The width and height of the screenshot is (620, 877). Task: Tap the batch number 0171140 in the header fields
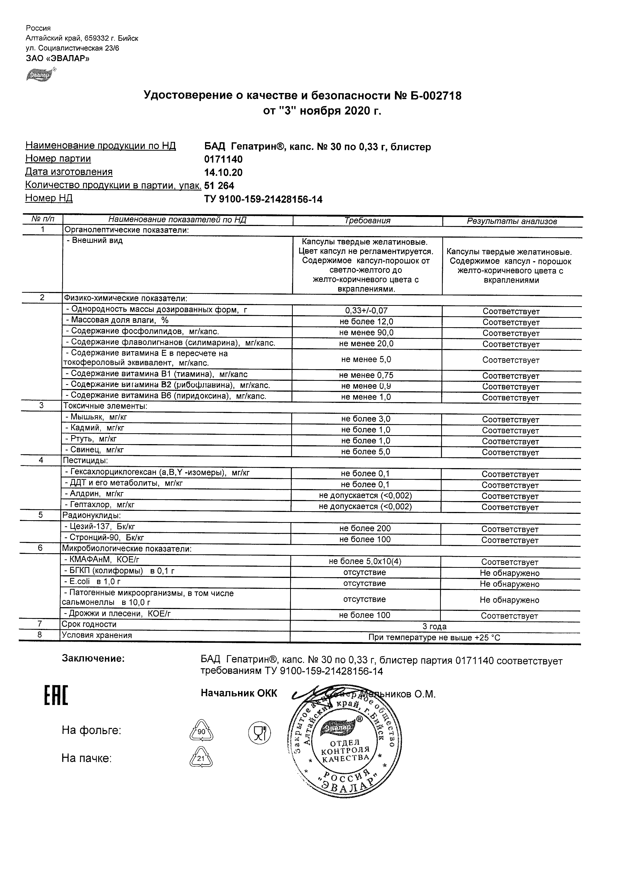click(x=223, y=159)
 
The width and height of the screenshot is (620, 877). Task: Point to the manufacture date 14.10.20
click(x=223, y=173)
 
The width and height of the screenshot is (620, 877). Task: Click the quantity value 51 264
click(x=219, y=186)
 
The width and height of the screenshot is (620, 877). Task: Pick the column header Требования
click(x=367, y=220)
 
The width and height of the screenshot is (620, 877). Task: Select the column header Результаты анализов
click(x=512, y=221)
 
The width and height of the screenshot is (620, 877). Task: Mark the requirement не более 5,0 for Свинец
click(x=365, y=452)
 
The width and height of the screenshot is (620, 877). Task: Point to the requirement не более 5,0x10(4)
click(x=365, y=561)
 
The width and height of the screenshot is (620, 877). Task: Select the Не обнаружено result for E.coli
click(x=509, y=584)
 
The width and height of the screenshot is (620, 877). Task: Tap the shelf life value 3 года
click(x=434, y=626)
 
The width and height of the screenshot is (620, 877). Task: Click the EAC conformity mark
click(x=56, y=696)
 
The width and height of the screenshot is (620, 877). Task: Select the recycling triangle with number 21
click(x=201, y=757)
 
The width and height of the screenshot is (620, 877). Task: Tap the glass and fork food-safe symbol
click(x=259, y=732)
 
